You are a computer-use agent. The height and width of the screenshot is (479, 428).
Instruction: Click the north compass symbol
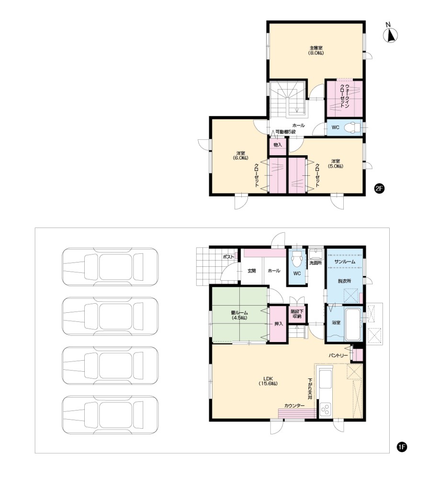[x=390, y=34]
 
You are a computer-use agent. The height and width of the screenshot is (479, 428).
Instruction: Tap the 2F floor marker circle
[x=379, y=188]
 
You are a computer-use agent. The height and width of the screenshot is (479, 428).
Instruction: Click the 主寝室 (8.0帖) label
[x=316, y=50]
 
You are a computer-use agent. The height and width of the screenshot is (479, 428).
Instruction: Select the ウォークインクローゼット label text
[x=344, y=95]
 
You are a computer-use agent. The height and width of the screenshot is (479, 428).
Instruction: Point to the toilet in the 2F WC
[x=352, y=127]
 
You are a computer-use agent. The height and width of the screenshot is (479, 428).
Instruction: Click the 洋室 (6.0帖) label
[x=240, y=156]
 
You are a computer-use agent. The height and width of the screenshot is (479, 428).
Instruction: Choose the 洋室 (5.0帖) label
[x=336, y=164]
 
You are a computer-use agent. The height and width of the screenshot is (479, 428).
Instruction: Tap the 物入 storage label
[x=278, y=145]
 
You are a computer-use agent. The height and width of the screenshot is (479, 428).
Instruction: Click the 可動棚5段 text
[x=285, y=132]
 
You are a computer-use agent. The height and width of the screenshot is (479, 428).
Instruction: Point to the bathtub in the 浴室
[x=352, y=324]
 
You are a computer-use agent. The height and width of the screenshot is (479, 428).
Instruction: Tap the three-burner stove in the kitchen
[x=326, y=410]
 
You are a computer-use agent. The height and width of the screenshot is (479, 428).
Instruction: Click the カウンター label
[x=294, y=406]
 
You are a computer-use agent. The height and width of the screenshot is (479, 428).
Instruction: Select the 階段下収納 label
[x=297, y=314]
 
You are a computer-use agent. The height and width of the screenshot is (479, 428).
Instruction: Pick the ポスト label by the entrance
[x=228, y=257]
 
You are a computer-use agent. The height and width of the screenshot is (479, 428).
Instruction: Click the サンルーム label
[x=345, y=262]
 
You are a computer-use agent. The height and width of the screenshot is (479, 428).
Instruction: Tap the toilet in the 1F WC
[x=297, y=259]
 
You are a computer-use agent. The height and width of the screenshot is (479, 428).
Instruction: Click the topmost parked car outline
[x=110, y=267]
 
